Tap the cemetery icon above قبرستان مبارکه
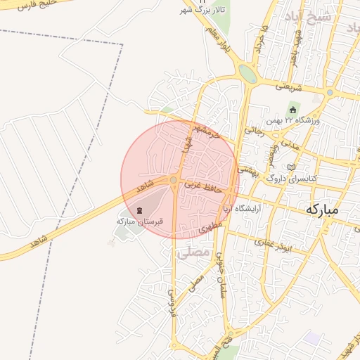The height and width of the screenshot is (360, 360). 139,211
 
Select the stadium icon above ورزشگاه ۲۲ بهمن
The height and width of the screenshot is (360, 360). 293,110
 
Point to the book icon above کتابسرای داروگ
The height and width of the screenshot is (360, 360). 292,167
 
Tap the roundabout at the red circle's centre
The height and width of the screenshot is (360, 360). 174,181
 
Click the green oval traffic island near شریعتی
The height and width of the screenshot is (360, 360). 247,73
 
